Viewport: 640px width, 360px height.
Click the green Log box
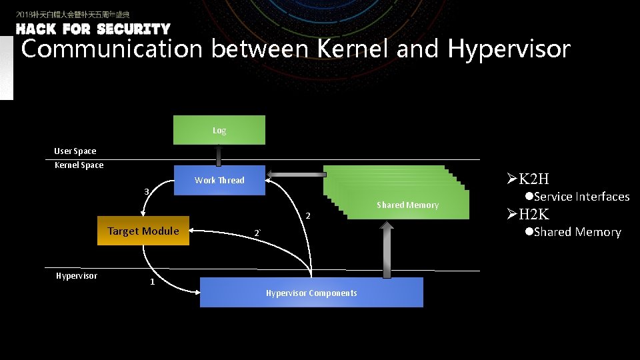219,130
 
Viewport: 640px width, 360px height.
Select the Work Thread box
219,180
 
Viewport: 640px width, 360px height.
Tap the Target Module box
143,231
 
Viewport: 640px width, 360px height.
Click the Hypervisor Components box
311,293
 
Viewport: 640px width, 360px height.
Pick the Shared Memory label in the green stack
407,205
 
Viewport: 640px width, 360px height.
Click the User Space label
75,151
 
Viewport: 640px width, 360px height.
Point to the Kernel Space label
79,165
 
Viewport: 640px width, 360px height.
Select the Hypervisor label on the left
76,275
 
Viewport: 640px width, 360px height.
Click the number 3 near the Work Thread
147,192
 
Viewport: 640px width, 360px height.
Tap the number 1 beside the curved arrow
152,282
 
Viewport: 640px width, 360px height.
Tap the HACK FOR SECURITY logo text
93,29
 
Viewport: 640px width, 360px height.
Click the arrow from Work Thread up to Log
219,155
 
